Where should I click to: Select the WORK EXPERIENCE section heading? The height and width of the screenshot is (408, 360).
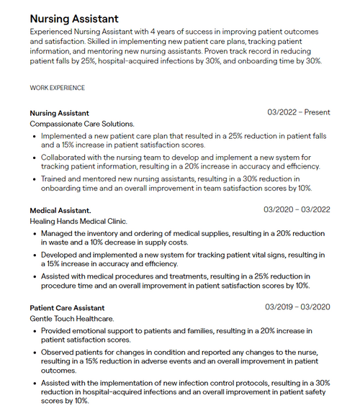point(57,88)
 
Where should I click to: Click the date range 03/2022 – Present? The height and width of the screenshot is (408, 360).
point(298,113)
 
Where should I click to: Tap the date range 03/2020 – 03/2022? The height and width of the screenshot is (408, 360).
point(297,210)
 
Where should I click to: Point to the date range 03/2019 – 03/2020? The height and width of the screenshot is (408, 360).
point(297,307)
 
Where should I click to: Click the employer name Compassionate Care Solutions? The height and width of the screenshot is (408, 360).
point(81,124)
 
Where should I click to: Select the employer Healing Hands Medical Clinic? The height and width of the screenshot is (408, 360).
point(78,221)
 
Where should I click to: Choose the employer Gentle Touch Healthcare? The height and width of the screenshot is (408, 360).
point(71,318)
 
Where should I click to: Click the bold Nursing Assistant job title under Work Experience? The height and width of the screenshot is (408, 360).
point(59,113)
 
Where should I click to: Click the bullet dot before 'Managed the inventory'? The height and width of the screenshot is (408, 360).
point(35,234)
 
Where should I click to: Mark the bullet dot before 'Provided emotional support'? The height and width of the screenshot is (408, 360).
point(35,331)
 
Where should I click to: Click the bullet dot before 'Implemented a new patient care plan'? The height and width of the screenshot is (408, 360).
point(35,135)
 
